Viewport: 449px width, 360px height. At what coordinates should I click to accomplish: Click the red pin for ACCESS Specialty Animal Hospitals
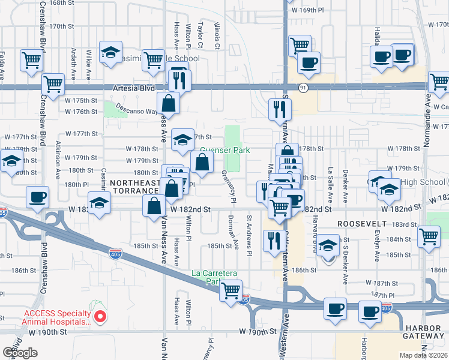[101, 315]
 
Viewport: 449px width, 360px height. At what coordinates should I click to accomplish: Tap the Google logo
[20, 353]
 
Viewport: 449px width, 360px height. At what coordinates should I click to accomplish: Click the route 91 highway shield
[304, 88]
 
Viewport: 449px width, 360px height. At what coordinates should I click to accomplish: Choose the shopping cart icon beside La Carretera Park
[231, 290]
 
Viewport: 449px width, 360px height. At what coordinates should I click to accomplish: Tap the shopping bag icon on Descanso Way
[169, 103]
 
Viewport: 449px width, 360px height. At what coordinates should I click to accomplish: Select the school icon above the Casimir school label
[110, 52]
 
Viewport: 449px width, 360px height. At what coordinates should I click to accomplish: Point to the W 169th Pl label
[307, 10]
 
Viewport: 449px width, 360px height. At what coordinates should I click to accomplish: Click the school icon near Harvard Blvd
[328, 245]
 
